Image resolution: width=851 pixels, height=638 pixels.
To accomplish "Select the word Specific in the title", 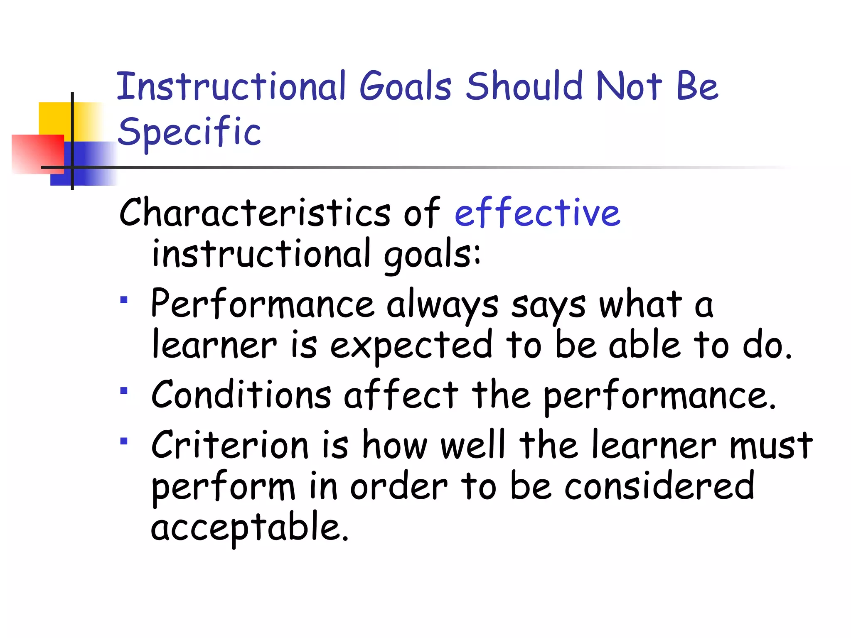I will [x=189, y=132].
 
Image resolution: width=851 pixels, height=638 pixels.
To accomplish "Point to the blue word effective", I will [x=537, y=213].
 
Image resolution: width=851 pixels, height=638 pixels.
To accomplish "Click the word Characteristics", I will [x=255, y=213].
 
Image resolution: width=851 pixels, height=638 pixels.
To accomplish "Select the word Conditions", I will [x=241, y=395].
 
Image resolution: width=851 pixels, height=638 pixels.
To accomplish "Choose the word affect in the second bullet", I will [x=401, y=395].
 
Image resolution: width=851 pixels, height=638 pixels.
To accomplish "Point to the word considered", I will [x=659, y=486].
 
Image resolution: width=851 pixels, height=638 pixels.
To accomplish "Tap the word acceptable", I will [x=249, y=528].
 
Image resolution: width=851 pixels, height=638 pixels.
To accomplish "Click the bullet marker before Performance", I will [x=124, y=299].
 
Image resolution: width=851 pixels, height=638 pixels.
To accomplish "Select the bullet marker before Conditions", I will [x=124, y=390].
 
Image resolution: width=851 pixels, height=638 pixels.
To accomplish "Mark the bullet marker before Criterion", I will [x=124, y=441].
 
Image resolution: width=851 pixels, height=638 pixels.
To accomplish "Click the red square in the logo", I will [x=37, y=154].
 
